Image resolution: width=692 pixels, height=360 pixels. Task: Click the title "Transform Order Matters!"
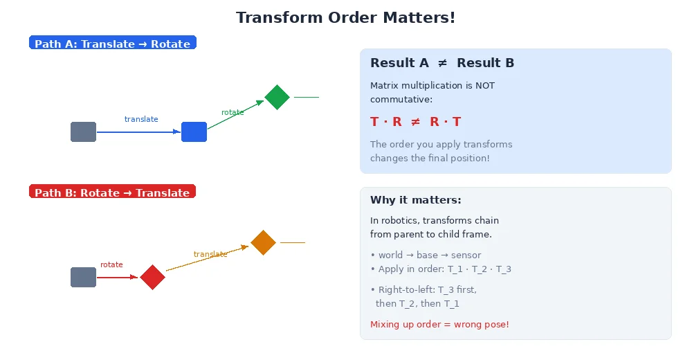[345, 17]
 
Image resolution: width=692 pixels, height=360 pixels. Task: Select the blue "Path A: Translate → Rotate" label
[113, 44]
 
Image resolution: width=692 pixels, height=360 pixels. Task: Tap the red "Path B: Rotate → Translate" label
[112, 192]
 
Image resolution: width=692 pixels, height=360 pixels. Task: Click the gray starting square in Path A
[83, 132]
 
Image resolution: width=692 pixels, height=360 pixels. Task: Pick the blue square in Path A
[194, 132]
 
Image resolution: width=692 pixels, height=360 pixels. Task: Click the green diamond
[277, 97]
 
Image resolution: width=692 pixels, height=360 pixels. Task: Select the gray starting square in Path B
[83, 277]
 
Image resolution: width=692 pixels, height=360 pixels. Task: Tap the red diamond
[152, 277]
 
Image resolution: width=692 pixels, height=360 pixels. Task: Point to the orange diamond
[263, 242]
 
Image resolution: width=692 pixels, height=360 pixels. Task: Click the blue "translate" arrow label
[141, 119]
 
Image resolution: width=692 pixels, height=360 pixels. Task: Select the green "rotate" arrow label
[233, 112]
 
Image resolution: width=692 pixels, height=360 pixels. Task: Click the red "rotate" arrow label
[111, 264]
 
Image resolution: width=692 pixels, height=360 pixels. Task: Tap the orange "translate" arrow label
[210, 254]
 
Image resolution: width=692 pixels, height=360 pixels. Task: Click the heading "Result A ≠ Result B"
[442, 63]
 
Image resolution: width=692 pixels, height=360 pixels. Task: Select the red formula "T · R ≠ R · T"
[415, 122]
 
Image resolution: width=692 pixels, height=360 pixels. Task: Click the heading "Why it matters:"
[415, 200]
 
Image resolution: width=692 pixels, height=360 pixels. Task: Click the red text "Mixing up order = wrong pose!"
[439, 324]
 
